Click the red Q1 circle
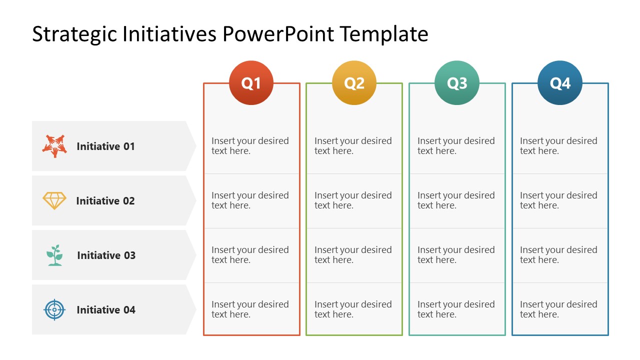[x=251, y=83]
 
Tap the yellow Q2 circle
[x=354, y=83]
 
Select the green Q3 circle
[x=457, y=83]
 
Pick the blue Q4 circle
[x=560, y=83]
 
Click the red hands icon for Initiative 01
[x=54, y=146]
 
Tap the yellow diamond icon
[x=54, y=200]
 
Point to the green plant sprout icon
[x=54, y=255]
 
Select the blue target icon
[x=54, y=309]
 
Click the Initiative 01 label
[x=105, y=146]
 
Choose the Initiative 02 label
[x=105, y=201]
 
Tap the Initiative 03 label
[x=106, y=255]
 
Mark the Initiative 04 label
[x=106, y=310]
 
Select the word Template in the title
[x=384, y=34]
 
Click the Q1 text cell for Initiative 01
[x=250, y=146]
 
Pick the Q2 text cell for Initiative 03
[x=353, y=255]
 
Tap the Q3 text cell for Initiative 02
[x=456, y=200]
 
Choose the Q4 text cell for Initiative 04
[x=558, y=309]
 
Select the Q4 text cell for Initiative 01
[x=558, y=146]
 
